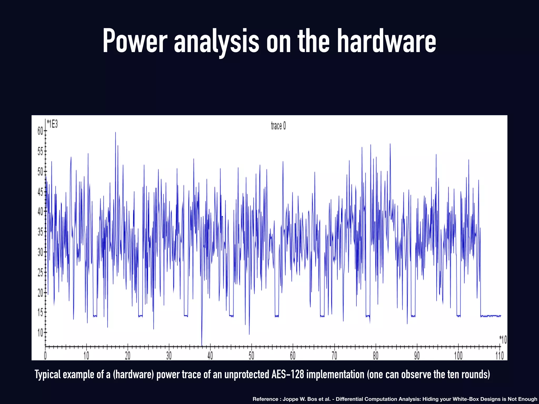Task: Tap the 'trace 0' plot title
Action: (x=278, y=126)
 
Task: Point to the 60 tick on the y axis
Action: (x=41, y=131)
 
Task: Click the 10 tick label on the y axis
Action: (x=41, y=333)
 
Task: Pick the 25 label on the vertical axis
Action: (x=41, y=273)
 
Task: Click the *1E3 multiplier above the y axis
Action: (x=52, y=124)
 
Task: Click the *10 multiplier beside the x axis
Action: (x=503, y=340)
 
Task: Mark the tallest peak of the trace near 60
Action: (x=115, y=133)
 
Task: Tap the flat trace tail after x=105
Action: (x=491, y=316)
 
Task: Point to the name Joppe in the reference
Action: (x=290, y=399)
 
